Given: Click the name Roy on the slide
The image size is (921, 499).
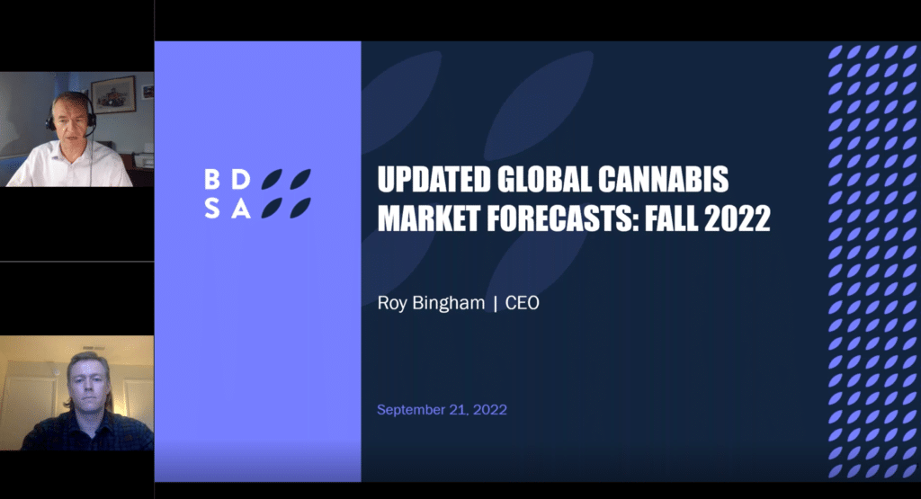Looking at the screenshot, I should tap(392, 303).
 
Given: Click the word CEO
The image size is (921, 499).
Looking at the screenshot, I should tap(523, 303).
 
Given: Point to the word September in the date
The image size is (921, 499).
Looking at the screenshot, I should tap(409, 410).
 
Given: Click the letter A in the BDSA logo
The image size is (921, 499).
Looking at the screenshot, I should tap(240, 209).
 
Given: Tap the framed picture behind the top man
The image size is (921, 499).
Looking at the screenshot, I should tap(113, 94).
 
